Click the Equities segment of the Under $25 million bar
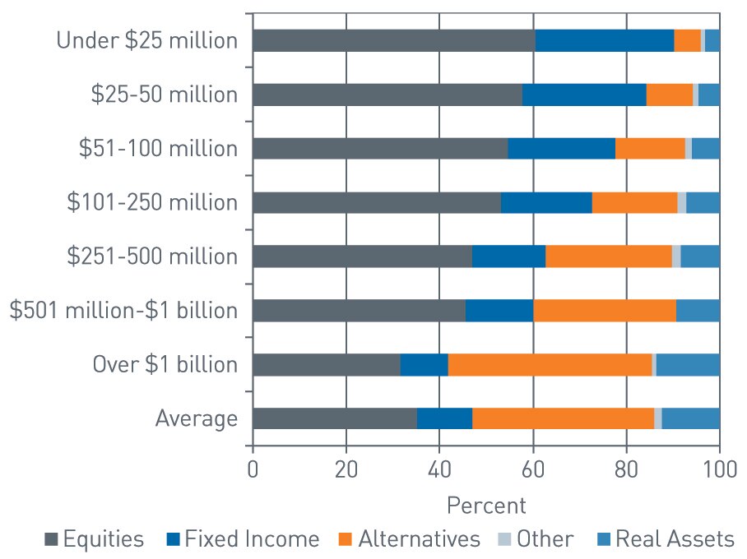[x=393, y=40]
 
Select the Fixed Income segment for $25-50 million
[x=584, y=95]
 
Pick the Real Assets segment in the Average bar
[x=690, y=418]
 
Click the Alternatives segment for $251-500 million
[x=609, y=256]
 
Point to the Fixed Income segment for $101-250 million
[x=546, y=202]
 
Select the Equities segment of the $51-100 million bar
[x=380, y=149]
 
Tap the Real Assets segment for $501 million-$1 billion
[x=698, y=311]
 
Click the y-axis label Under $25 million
[x=146, y=40]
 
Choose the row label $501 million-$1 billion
[x=123, y=311]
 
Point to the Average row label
[x=197, y=418]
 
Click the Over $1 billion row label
[x=166, y=364]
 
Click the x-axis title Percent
[x=485, y=503]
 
